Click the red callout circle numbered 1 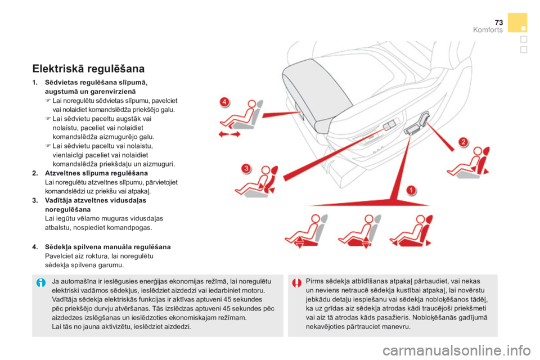pyautogui.click(x=412, y=190)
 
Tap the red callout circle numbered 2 pyautogui.click(x=462, y=142)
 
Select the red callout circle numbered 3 pyautogui.click(x=246, y=168)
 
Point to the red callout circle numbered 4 pyautogui.click(x=224, y=102)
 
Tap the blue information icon pyautogui.click(x=40, y=282)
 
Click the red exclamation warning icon pyautogui.click(x=296, y=282)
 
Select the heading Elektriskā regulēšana pyautogui.click(x=89, y=69)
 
